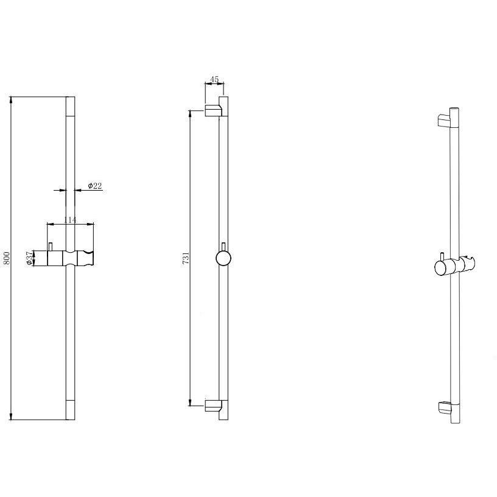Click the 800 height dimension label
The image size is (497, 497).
(7, 258)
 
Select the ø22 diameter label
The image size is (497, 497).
(95, 186)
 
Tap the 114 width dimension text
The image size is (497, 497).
(70, 220)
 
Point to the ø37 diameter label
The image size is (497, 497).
(29, 258)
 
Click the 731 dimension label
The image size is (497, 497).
(186, 258)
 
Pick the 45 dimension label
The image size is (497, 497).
(214, 79)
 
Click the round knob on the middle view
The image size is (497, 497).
(224, 258)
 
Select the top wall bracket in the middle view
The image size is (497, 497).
(213, 111)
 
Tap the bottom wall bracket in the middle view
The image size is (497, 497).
(213, 406)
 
